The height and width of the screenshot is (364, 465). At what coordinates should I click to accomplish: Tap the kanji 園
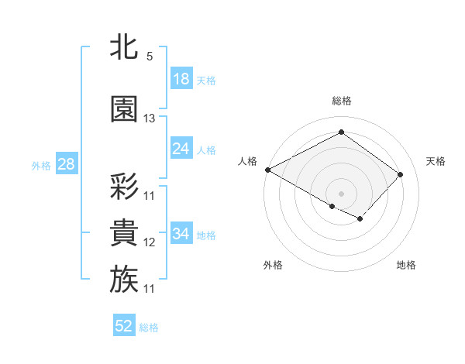click(x=124, y=109)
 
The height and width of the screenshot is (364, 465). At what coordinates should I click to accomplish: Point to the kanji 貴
click(x=124, y=233)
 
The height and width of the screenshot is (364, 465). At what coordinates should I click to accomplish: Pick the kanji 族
click(x=124, y=280)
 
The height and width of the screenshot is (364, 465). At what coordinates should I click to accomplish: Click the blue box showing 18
click(x=181, y=79)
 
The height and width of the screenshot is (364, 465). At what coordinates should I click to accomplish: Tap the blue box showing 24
click(x=181, y=149)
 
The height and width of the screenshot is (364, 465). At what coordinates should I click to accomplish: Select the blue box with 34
click(x=181, y=234)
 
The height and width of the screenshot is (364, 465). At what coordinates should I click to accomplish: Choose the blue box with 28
click(x=66, y=164)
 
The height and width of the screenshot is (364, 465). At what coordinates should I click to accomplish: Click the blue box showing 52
click(x=124, y=326)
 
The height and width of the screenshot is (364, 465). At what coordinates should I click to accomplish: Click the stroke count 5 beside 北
click(x=149, y=57)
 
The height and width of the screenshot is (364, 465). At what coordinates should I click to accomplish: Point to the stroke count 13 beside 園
click(x=150, y=118)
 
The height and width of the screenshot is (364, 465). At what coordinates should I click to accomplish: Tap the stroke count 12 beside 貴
click(x=150, y=242)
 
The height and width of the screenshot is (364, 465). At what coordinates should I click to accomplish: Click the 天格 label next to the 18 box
click(x=206, y=80)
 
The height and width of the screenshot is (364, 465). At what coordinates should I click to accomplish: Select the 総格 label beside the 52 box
click(x=149, y=328)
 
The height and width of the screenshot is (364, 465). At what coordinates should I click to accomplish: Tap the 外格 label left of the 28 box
click(x=41, y=165)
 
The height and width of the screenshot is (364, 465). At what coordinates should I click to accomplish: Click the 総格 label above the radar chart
click(x=341, y=101)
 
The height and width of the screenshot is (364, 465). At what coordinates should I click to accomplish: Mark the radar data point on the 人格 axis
click(x=267, y=170)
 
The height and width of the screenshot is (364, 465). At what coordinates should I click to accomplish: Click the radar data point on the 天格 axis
click(x=401, y=174)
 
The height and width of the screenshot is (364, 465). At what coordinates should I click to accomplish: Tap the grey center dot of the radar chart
click(x=341, y=193)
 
